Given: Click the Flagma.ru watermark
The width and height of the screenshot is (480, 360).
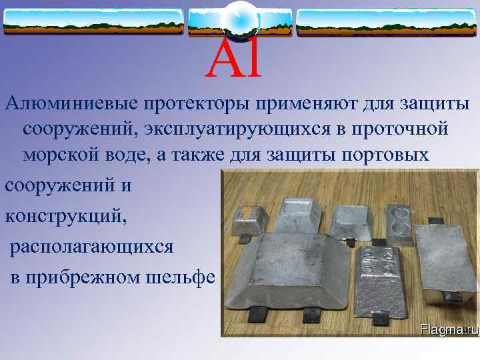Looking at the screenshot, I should tap(449, 328).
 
